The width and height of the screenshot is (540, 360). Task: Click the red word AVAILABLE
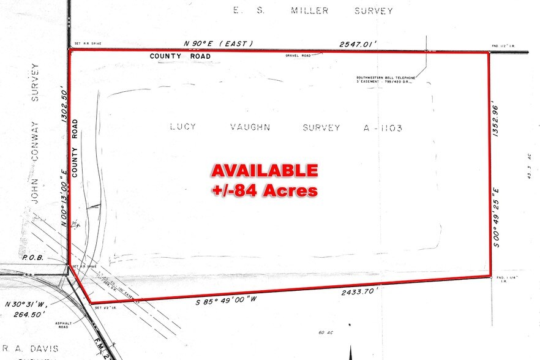coord(264,170)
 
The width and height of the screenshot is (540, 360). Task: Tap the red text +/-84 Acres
coord(264,190)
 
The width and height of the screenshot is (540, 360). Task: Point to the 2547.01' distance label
coord(359,44)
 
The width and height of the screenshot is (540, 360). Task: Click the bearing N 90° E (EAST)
coord(218,44)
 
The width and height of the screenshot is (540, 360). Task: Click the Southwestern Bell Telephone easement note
coord(386,80)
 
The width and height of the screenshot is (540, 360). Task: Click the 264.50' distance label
coord(28,315)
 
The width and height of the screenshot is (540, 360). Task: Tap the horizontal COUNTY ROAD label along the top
coord(180,56)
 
